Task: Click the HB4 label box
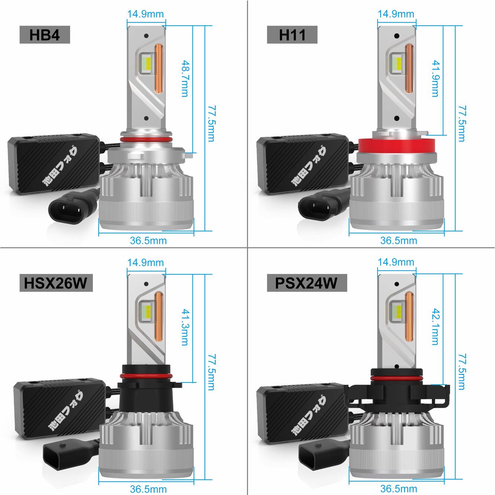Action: click(45, 35)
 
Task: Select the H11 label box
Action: click(292, 35)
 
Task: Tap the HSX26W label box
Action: click(56, 283)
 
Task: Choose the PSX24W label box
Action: click(307, 283)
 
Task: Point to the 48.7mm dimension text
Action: click(185, 79)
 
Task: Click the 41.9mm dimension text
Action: click(436, 79)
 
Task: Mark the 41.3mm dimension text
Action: click(185, 327)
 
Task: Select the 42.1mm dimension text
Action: click(436, 327)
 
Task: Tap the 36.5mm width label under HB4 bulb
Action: click(148, 241)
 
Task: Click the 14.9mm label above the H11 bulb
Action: click(396, 14)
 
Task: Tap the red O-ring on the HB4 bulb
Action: click(146, 139)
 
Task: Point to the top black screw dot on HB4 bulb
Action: click(146, 35)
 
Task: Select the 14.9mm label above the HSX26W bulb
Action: click(146, 263)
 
